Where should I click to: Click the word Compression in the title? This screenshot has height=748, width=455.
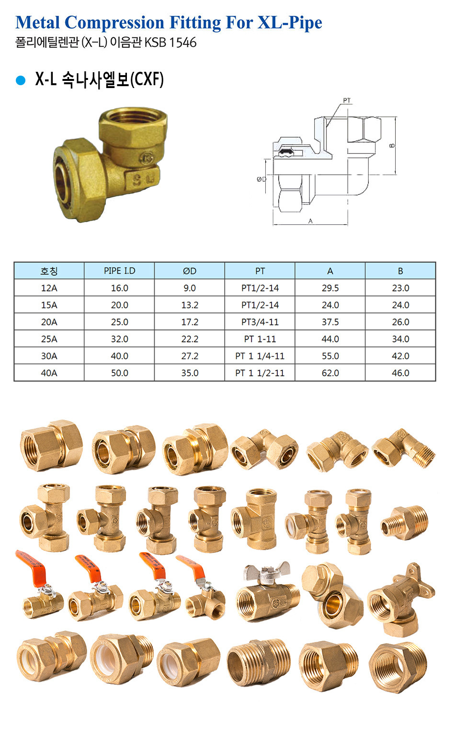coord(114,22)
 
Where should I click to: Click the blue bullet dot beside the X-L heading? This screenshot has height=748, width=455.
coord(21,80)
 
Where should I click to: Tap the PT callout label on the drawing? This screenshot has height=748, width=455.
coord(347,100)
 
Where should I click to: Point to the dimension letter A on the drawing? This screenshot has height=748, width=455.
coord(310,221)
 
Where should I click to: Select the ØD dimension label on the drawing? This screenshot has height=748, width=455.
coord(262,179)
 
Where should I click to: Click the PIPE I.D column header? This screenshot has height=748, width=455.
coord(119,271)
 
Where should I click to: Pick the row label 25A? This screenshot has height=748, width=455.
coord(49,339)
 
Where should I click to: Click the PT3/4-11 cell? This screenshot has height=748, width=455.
coord(260,322)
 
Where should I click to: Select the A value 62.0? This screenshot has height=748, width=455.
coord(330,373)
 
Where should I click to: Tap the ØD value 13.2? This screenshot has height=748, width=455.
coord(190,305)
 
